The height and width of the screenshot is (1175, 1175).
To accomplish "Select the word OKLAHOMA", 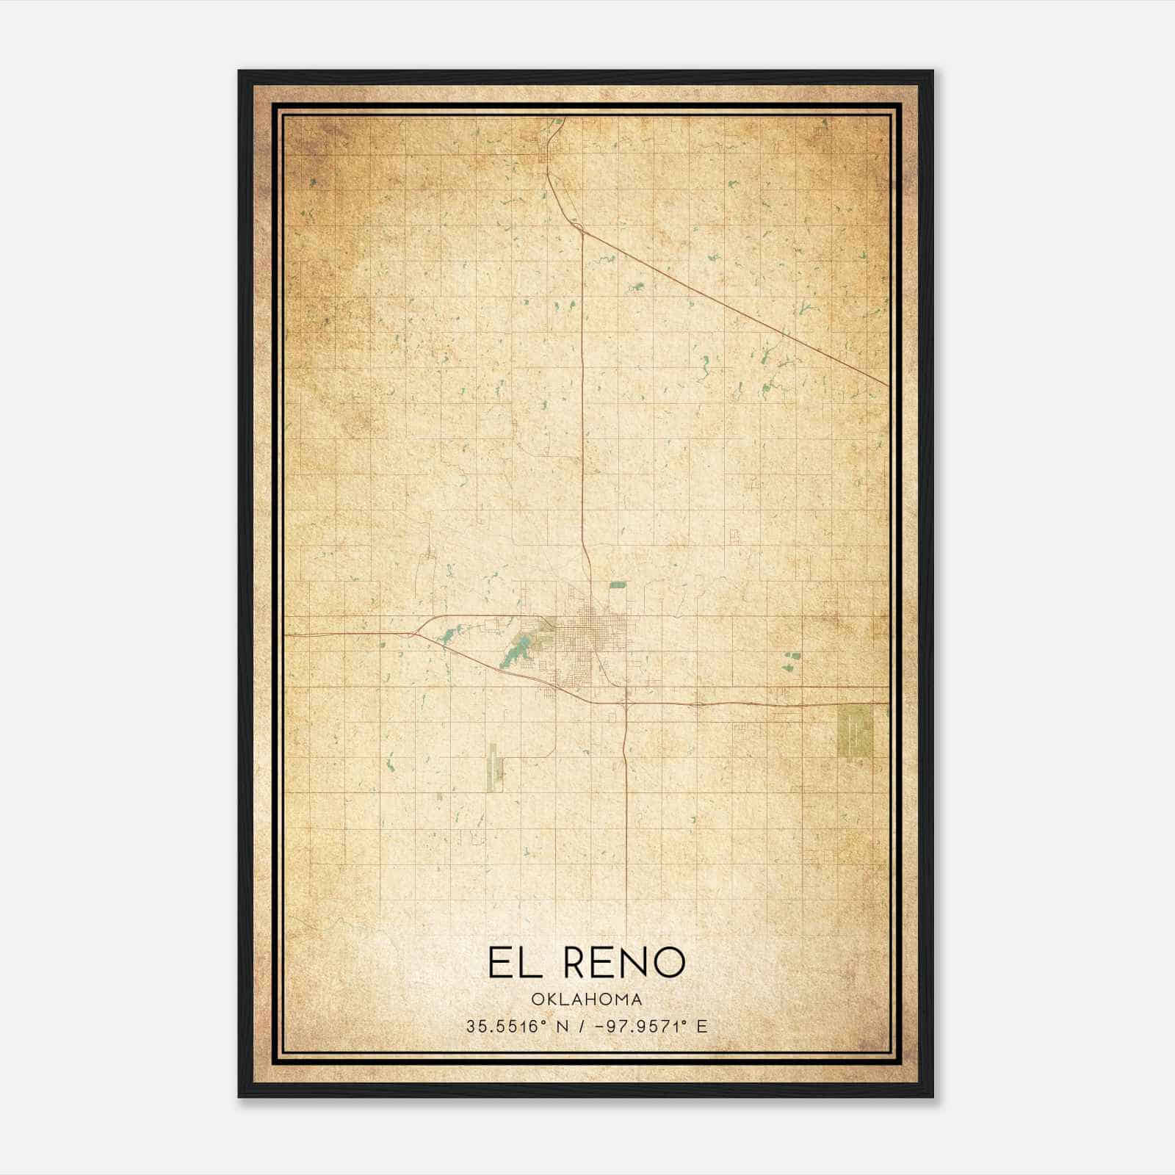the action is click(587, 999).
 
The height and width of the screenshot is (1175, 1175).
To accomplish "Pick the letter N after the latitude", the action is click(563, 1027).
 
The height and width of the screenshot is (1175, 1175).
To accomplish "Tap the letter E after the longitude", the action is click(703, 1027).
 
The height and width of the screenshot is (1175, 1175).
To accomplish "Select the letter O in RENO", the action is click(669, 962).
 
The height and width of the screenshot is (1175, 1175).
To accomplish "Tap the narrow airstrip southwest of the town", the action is click(493, 767).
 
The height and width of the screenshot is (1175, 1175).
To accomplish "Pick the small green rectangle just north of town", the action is click(618, 585).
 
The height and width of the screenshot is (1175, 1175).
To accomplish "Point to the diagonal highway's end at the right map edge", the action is click(887, 384).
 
